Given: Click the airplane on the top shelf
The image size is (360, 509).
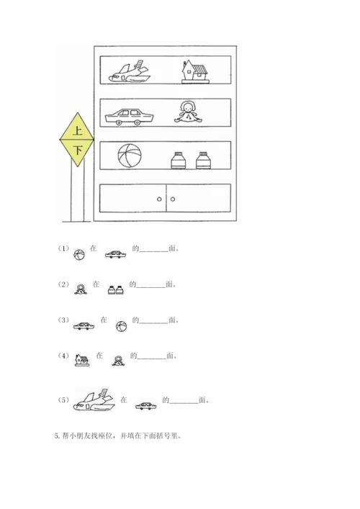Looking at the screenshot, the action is pyautogui.click(x=129, y=72).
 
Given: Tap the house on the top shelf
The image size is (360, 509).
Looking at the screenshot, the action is pyautogui.click(x=195, y=71).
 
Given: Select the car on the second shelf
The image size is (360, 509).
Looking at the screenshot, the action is pyautogui.click(x=129, y=117).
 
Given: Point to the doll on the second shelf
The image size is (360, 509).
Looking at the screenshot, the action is pyautogui.click(x=188, y=112).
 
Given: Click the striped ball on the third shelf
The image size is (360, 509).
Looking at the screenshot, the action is pyautogui.click(x=130, y=156).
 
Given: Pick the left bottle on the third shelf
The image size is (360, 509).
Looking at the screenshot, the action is pyautogui.click(x=179, y=161).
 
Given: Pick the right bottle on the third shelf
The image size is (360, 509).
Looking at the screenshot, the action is pyautogui.click(x=203, y=161).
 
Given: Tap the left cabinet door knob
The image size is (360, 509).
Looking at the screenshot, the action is pyautogui.click(x=159, y=199).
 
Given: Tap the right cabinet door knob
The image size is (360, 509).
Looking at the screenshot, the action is pyautogui.click(x=173, y=199).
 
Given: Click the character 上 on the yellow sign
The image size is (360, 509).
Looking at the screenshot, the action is pyautogui.click(x=77, y=130).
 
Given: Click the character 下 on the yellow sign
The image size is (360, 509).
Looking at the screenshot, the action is pyautogui.click(x=78, y=150).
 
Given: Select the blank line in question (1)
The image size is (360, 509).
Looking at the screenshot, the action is pyautogui.click(x=154, y=251).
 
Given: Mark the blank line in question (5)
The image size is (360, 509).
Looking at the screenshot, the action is pyautogui.click(x=184, y=403).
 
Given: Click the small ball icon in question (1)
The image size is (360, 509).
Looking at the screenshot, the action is pyautogui.click(x=79, y=255).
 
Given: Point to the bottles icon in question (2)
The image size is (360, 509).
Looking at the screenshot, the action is pyautogui.click(x=116, y=290).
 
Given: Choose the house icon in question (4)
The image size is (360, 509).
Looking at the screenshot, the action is pyautogui.click(x=82, y=360).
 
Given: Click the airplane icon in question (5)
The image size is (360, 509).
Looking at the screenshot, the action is pyautogui.click(x=94, y=400).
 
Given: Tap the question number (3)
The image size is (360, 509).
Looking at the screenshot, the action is pyautogui.click(x=63, y=320).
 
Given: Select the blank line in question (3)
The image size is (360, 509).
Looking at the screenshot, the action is pyautogui.click(x=154, y=323).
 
